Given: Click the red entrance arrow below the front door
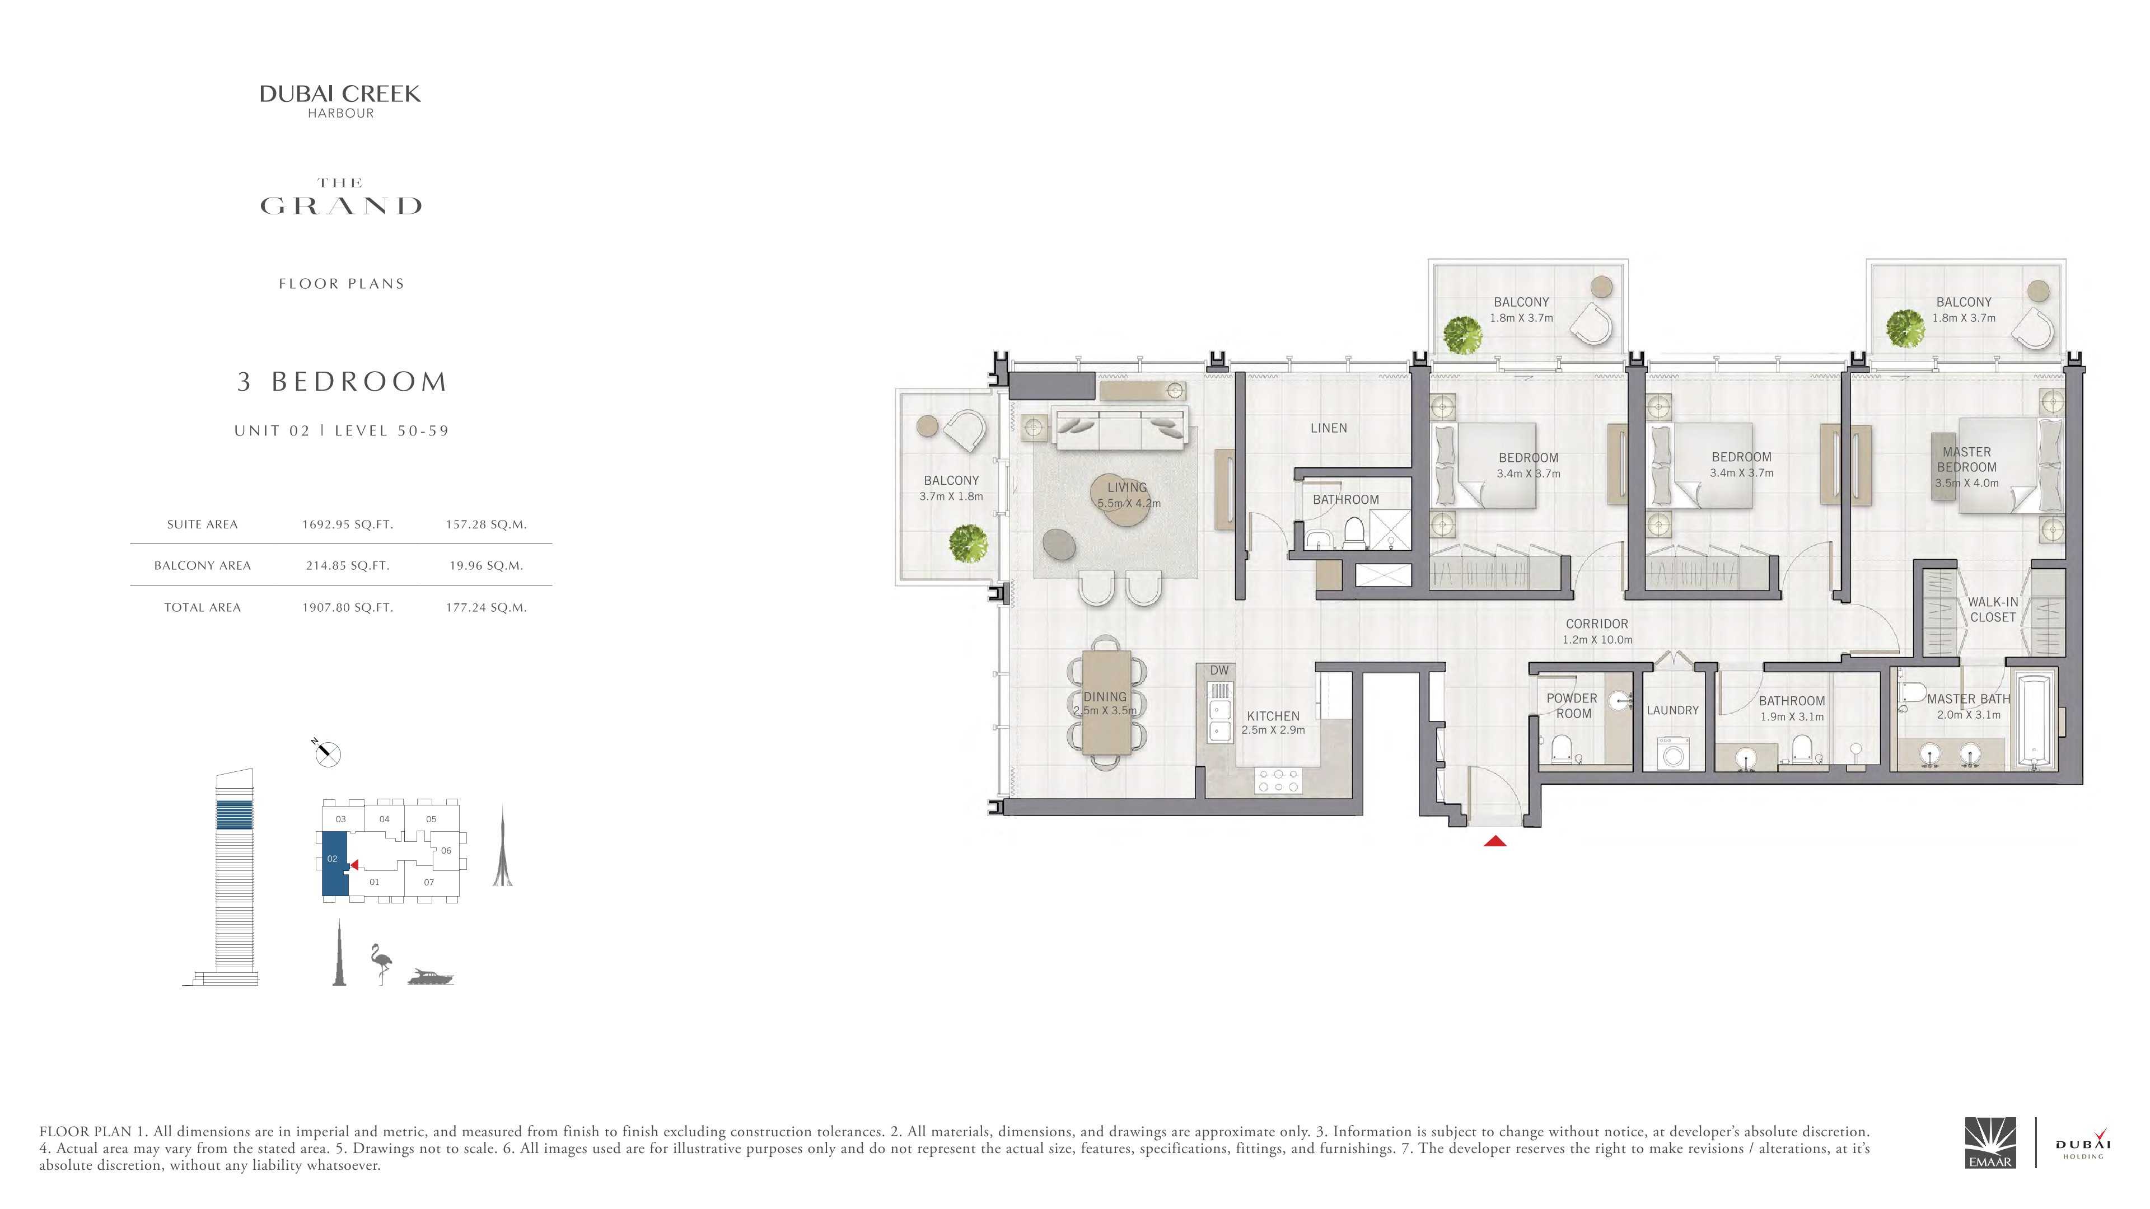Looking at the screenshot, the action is point(1495,841).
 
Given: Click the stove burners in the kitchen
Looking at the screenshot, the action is point(1278,780).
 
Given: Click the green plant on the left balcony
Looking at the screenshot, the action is point(968,542).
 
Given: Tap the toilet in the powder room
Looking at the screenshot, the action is point(1562,749).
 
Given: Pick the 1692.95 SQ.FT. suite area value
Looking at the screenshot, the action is point(347,525).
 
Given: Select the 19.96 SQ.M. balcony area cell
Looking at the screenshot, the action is point(486,566).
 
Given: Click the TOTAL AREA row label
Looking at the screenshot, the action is point(202,607).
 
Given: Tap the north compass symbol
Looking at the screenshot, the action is point(326,753).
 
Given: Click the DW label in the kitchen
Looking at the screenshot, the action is point(1219,670).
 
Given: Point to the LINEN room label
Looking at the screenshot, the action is point(1329,428).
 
